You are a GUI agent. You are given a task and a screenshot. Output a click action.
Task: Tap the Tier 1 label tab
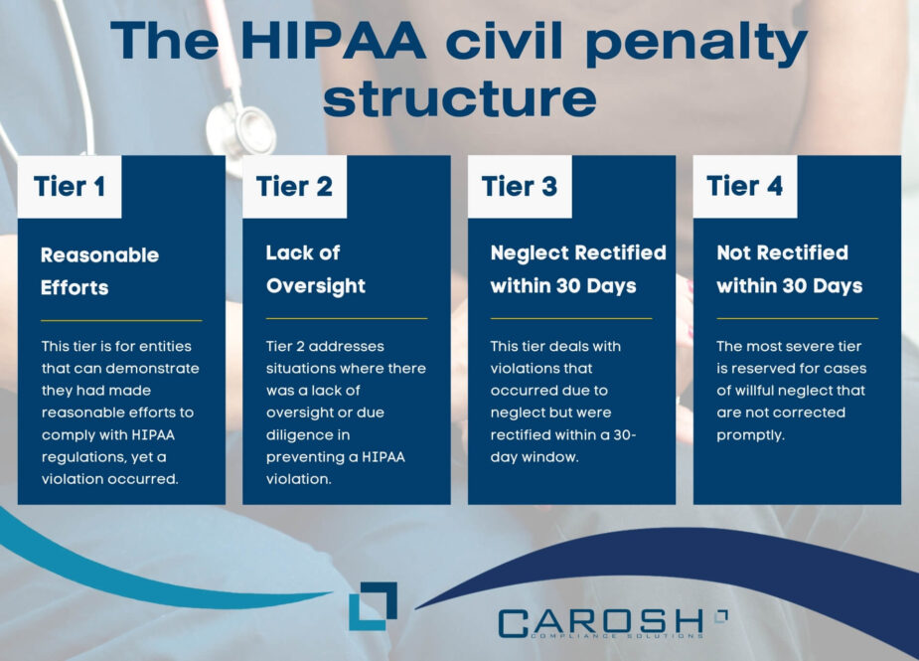pos(70,186)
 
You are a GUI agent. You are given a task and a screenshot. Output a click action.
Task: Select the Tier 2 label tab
pos(294,186)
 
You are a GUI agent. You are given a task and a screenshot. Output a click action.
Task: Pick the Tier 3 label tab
pos(520,186)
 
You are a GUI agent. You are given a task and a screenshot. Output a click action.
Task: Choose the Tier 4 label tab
pos(745,186)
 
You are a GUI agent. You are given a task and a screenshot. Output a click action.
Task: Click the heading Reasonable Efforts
pos(99,270)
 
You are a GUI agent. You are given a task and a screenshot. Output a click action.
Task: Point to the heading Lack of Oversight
pos(315,269)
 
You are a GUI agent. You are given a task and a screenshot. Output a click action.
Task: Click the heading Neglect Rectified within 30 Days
pos(577,269)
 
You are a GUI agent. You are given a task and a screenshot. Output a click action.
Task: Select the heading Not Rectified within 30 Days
pos(789,269)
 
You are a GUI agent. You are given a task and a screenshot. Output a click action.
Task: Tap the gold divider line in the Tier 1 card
pos(121,320)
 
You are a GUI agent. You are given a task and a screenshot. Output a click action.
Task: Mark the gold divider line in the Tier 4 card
pos(797,318)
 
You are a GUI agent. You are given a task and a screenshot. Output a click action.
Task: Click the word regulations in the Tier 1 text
pos(80,456)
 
